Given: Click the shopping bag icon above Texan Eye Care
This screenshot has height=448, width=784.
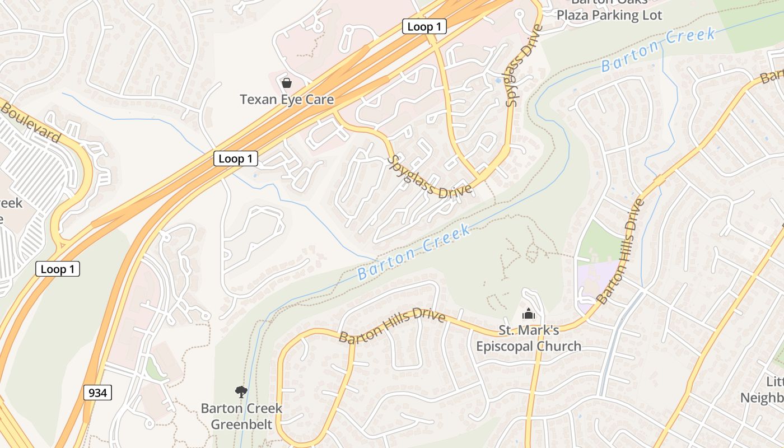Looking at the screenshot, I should tap(287, 83).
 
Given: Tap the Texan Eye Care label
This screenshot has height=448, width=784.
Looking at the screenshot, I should tap(287, 100).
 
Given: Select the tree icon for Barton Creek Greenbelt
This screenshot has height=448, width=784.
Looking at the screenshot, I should tap(241, 391).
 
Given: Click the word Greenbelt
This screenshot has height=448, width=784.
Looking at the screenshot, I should tap(241, 424).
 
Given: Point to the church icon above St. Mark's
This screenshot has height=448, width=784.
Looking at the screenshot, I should tap(528, 314).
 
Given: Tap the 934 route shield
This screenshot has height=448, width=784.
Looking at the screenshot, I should tap(97, 393).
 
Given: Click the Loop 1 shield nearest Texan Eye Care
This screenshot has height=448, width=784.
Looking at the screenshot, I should tap(236, 158).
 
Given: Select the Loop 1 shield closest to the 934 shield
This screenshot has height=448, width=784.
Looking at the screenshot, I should tap(58, 269).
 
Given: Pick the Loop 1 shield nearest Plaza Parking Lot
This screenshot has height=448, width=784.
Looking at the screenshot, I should tap(424, 26).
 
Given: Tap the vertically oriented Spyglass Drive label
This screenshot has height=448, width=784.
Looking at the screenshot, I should tap(520, 66).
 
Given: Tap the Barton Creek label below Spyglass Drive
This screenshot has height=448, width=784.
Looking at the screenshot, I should tap(414, 253).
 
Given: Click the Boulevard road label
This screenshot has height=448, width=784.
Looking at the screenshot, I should tap(30, 121).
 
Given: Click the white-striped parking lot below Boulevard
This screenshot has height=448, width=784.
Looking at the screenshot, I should tap(34, 168).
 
